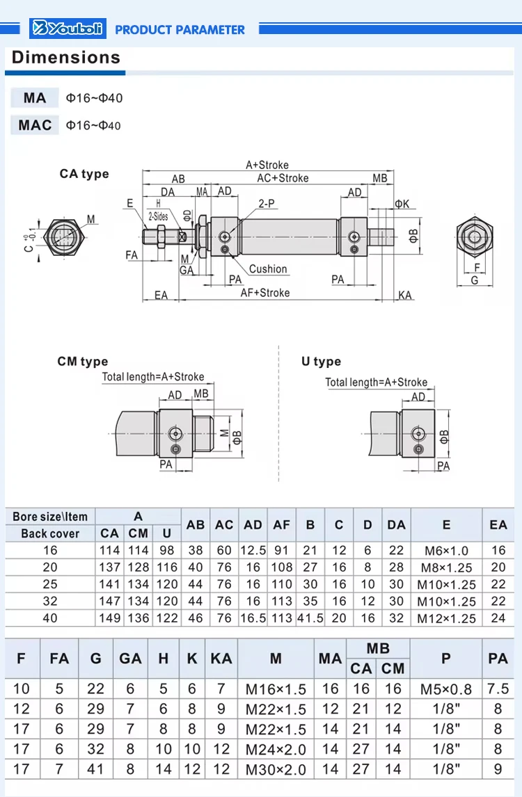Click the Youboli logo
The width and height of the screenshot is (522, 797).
click(68, 29)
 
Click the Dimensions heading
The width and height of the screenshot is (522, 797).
click(66, 58)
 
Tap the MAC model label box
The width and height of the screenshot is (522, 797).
click(35, 125)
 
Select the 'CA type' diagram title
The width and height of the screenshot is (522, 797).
click(84, 174)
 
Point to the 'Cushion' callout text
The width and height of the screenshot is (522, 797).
click(268, 269)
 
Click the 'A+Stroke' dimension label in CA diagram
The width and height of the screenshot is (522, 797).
click(267, 165)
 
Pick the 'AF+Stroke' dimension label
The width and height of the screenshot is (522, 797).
click(265, 293)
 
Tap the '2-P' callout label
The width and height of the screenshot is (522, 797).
click(267, 203)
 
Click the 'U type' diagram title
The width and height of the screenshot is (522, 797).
click(321, 362)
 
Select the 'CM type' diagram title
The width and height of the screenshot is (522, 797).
click(82, 362)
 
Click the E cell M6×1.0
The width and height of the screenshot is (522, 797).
click(446, 551)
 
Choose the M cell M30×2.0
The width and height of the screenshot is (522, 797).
click(276, 770)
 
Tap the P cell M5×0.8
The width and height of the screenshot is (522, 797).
click(445, 689)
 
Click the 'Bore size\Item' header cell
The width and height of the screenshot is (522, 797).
click(50, 517)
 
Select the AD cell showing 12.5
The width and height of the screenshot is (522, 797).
click(253, 551)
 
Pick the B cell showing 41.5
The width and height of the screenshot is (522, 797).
click(310, 618)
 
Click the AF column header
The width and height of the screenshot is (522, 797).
click(281, 525)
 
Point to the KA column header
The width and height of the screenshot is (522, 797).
click(221, 658)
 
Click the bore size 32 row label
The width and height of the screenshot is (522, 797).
click(50, 602)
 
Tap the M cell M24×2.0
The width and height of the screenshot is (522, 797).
click(276, 750)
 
